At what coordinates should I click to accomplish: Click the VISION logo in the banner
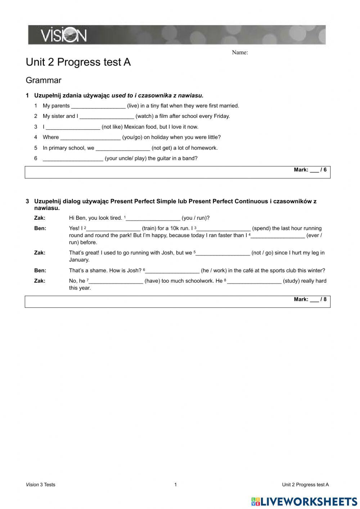[63, 35]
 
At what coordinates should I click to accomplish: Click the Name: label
[240, 53]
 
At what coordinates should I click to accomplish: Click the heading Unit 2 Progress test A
[78, 62]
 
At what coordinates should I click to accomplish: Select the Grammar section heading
[44, 80]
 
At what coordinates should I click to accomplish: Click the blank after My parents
[98, 106]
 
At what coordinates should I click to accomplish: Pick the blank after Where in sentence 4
[90, 138]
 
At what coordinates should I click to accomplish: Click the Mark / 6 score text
[310, 170]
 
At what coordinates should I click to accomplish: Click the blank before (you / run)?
[153, 218]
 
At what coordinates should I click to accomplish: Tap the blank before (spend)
[224, 229]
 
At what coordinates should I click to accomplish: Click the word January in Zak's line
[79, 260]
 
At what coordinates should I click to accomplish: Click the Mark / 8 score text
[310, 299]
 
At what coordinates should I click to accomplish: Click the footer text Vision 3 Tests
[41, 485]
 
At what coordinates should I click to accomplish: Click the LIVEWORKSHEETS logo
[304, 501]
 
